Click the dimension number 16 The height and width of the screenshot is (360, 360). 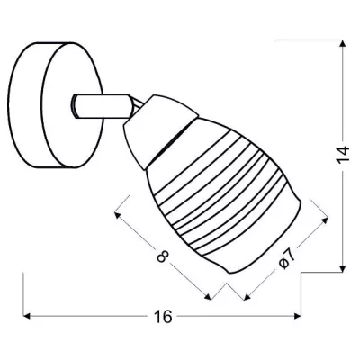pos(163,316)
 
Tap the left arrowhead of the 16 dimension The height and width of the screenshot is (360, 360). pos(27,316)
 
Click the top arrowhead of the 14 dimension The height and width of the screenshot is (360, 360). pos(345,43)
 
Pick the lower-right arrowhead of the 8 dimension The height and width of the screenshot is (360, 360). pos(211,296)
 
